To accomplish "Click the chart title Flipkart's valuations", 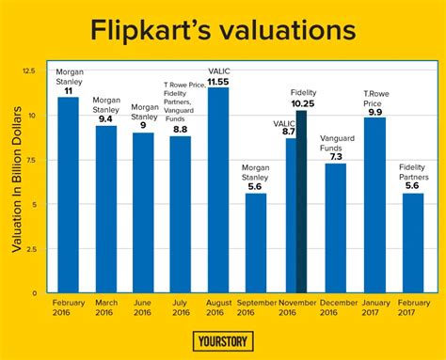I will click(223, 29).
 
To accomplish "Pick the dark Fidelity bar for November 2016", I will click(301, 201).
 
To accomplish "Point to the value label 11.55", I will click(218, 82).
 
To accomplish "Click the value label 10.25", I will click(301, 103).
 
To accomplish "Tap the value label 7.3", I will click(336, 156).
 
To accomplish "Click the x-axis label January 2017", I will click(374, 307).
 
